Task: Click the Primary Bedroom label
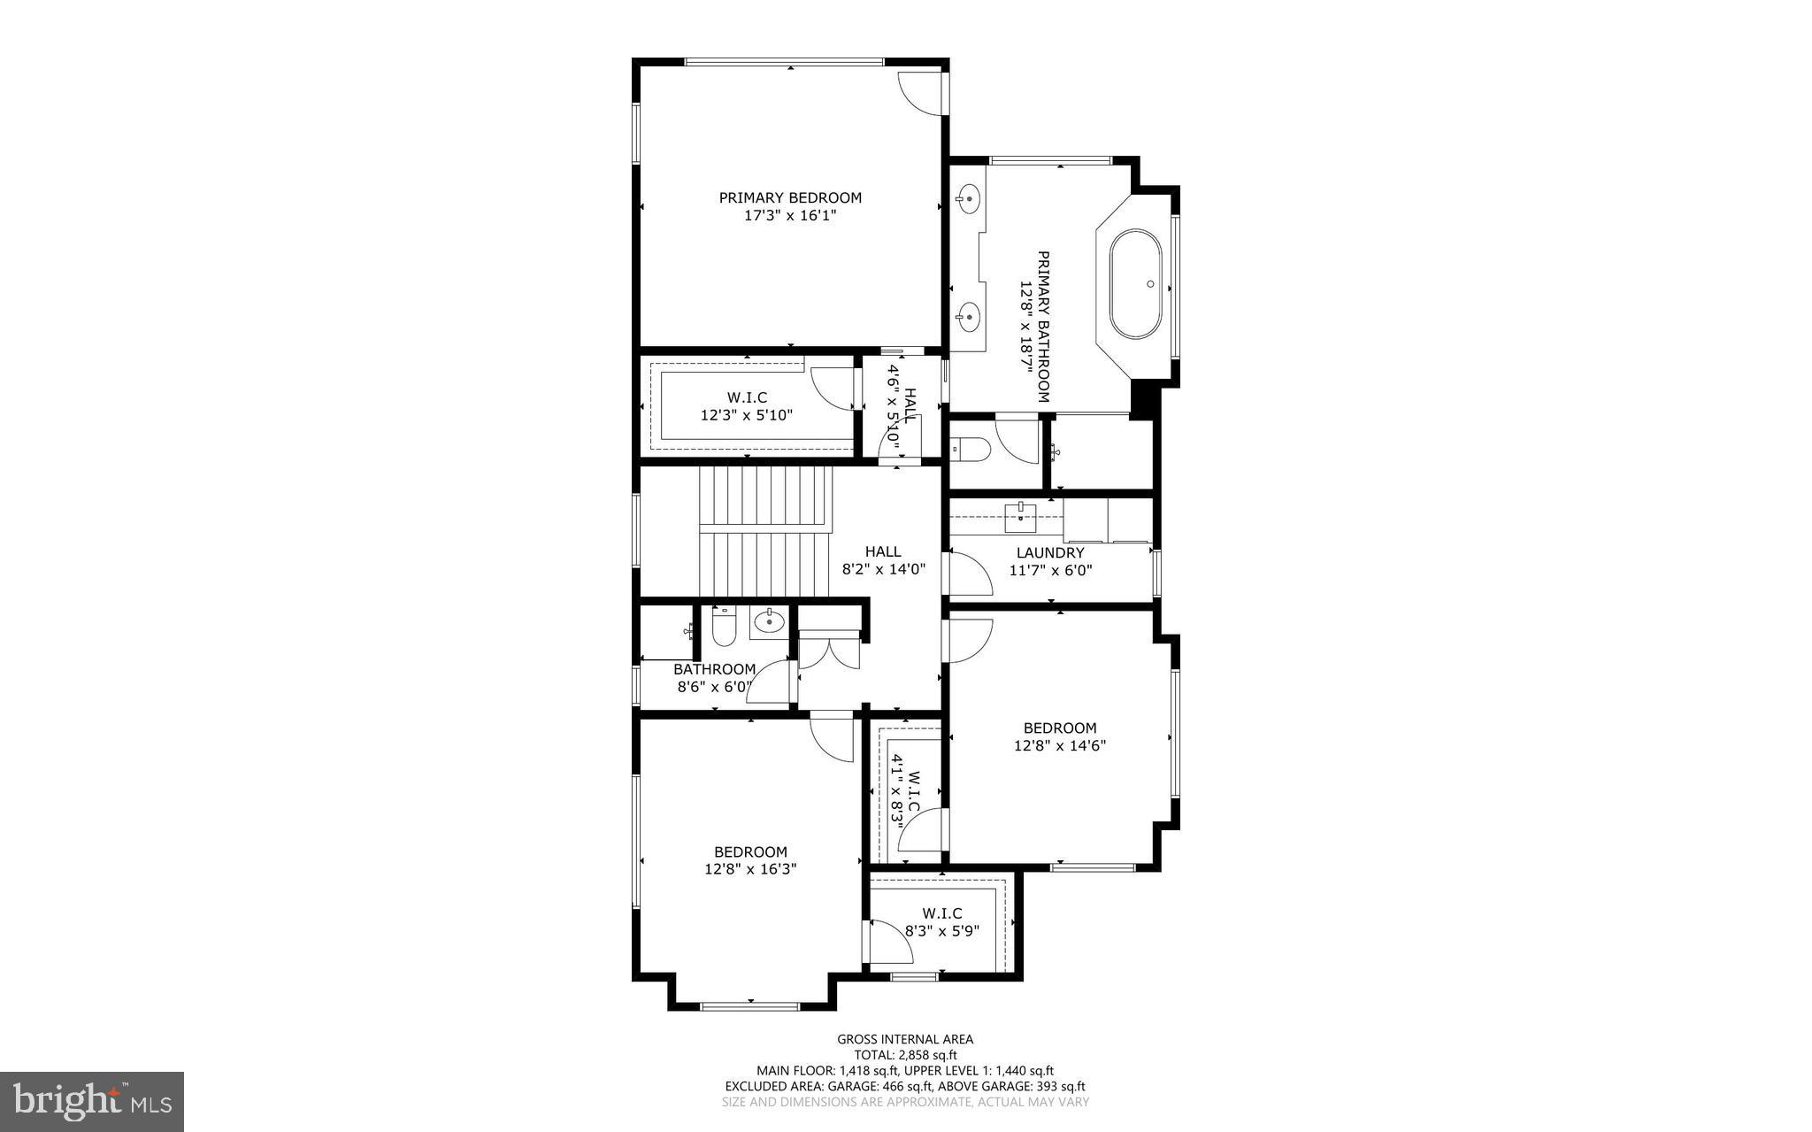[x=789, y=198]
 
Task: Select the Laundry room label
[x=1050, y=553]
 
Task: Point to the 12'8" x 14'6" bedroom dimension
[x=1059, y=745]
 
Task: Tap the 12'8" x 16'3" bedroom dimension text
[x=750, y=869]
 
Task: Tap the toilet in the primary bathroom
[x=965, y=449]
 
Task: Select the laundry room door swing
[x=970, y=574]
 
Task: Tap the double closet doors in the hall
[x=828, y=652]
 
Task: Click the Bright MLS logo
[x=91, y=1101]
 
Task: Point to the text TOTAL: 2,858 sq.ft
[x=905, y=1055]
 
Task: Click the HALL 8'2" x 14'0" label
[x=883, y=561]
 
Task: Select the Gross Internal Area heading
[x=905, y=1039]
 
